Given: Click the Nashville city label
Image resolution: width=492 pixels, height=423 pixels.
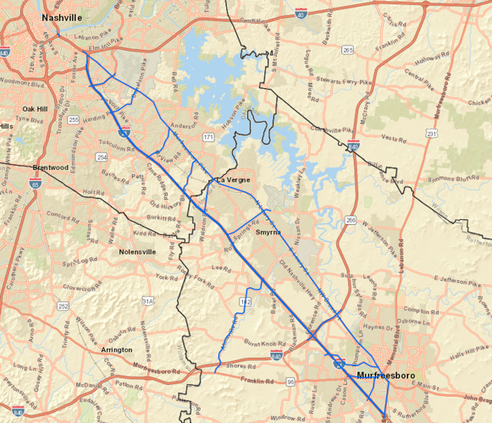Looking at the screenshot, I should pos(64,17).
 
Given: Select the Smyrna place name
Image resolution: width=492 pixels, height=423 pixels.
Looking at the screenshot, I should pos(268,231).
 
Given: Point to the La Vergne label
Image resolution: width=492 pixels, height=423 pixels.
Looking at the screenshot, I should pos(231,180).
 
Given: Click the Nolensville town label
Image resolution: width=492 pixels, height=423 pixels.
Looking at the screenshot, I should pos(138,251).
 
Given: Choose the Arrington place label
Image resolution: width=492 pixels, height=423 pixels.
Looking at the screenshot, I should pos(116,349).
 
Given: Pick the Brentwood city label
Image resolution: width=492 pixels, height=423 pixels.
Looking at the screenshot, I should pos(50,168).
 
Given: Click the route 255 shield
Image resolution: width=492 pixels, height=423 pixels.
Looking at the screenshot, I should pos(74,120).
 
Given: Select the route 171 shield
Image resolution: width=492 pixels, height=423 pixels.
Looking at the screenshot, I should pos(207,136).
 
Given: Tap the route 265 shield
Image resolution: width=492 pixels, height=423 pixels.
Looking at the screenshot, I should pos(348,51).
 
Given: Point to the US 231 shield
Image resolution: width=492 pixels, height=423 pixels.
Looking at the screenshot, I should pos(432,134).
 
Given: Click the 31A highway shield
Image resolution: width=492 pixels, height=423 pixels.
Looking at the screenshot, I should pos(148,300).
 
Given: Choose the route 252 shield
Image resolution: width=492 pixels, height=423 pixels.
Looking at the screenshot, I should pos(64,305).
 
